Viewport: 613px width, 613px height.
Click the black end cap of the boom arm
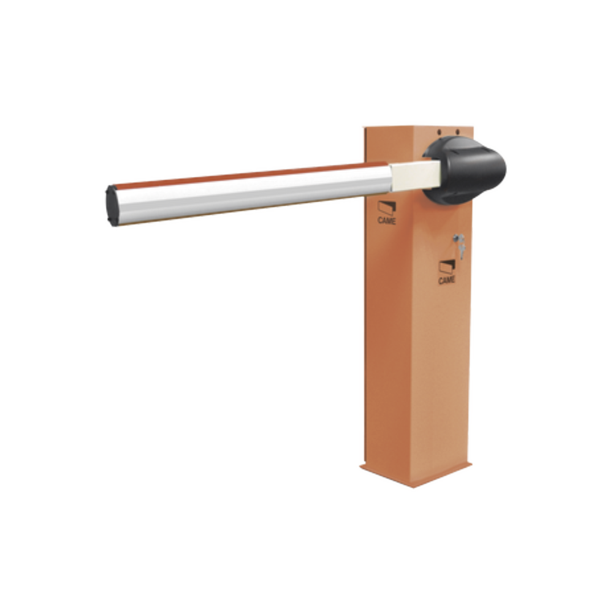click(x=112, y=205)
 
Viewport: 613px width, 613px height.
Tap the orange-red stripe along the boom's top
click(x=250, y=174)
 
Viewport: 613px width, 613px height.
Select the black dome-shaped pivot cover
click(x=465, y=170)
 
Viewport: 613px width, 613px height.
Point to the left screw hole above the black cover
click(x=439, y=132)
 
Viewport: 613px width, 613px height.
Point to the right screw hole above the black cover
click(x=458, y=132)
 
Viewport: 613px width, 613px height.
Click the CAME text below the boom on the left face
click(x=387, y=221)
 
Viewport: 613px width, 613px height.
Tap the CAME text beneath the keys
click(x=447, y=280)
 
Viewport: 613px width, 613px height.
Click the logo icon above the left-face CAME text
click(x=387, y=208)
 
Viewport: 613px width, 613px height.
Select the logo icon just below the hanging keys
click(x=447, y=267)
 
